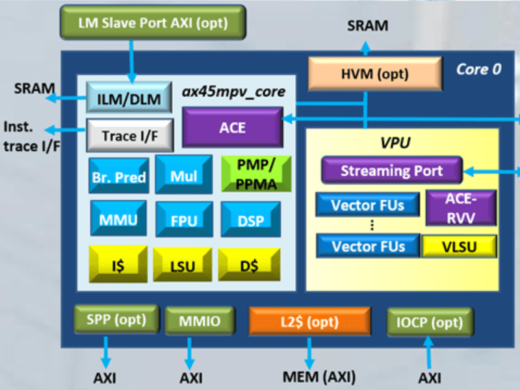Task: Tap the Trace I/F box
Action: tap(129, 135)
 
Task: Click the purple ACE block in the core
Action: tap(232, 127)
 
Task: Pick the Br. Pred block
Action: tap(118, 176)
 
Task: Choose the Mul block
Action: tap(183, 176)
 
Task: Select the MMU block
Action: tap(118, 220)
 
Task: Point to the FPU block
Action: tap(183, 220)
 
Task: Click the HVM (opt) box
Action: tap(374, 73)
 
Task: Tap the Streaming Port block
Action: tap(391, 171)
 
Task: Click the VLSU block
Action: tap(460, 246)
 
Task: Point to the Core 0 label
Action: tap(478, 70)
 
